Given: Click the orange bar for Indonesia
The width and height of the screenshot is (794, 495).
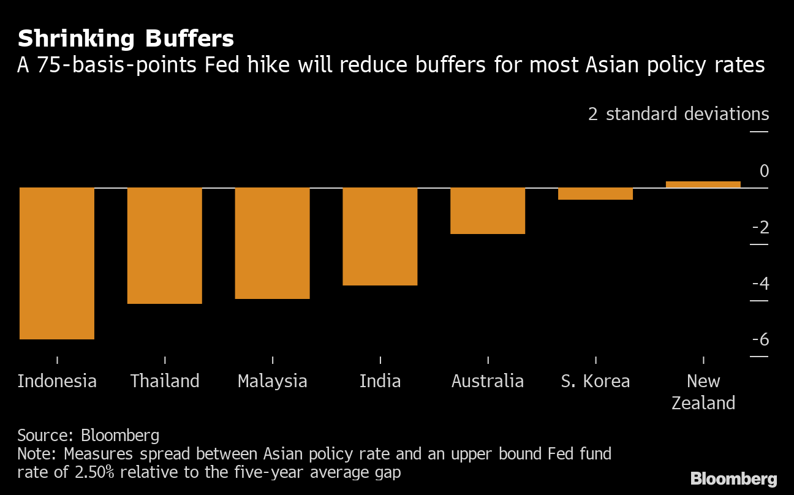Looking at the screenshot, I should point(57,263).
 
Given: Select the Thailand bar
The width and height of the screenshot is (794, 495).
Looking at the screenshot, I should point(165,245).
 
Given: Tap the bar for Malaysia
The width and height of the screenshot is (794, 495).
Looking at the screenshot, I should point(273,243).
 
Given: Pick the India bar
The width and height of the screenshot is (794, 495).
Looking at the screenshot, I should point(380,236).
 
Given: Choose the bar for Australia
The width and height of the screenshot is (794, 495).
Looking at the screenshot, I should point(488,210).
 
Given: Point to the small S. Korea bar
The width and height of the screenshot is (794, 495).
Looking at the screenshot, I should point(595,194).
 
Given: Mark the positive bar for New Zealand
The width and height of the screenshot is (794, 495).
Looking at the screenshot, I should point(703,184).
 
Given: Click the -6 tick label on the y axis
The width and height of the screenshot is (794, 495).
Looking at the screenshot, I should point(760,340).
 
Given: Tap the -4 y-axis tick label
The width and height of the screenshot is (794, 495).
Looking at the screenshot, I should point(760,284).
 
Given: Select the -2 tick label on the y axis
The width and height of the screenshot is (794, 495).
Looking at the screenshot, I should point(760,228).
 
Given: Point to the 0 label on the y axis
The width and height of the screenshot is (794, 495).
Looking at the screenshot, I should point(764,172).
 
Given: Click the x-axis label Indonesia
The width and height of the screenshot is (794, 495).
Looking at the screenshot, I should point(57,381).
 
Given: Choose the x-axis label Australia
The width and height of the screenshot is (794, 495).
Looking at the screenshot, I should point(488,381).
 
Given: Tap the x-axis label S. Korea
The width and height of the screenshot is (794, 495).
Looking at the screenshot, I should point(595,381).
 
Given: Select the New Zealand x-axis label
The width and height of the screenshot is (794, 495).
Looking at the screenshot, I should point(703,392).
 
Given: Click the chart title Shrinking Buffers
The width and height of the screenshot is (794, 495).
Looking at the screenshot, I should point(126,39).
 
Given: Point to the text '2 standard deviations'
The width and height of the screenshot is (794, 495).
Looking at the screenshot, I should point(678,114).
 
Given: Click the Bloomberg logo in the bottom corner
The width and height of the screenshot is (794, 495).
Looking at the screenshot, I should point(733,479).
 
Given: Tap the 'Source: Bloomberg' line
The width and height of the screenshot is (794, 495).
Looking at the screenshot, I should point(88,436).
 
